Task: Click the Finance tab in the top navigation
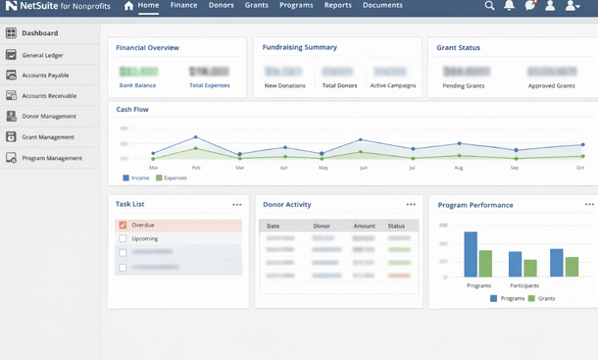pyautogui.click(x=183, y=6)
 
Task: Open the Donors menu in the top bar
pyautogui.click(x=221, y=6)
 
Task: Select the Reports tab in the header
pyautogui.click(x=338, y=6)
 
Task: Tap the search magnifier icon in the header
pyautogui.click(x=489, y=6)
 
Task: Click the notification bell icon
pyautogui.click(x=509, y=6)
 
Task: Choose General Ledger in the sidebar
pyautogui.click(x=43, y=56)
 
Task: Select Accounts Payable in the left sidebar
pyautogui.click(x=45, y=76)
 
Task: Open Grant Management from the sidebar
pyautogui.click(x=47, y=137)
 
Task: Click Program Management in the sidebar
pyautogui.click(x=51, y=158)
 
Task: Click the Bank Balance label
pyautogui.click(x=138, y=85)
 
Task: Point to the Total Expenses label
pyautogui.click(x=209, y=85)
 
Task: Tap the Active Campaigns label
pyautogui.click(x=392, y=85)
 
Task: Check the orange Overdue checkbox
pyautogui.click(x=123, y=225)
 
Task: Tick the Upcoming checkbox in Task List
pyautogui.click(x=123, y=238)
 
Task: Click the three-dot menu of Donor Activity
pyautogui.click(x=411, y=204)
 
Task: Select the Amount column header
pyautogui.click(x=364, y=226)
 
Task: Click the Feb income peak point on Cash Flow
pyautogui.click(x=195, y=137)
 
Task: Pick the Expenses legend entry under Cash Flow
pyautogui.click(x=172, y=178)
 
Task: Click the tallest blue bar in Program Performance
pyautogui.click(x=471, y=255)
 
